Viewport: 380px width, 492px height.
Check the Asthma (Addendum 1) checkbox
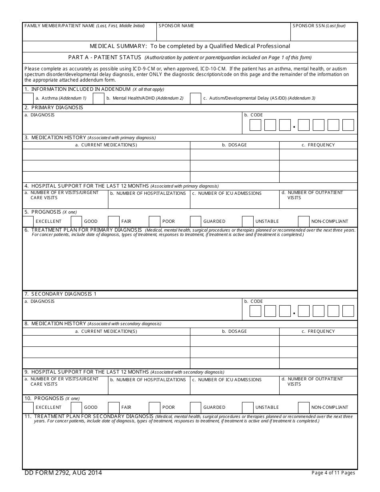click(x=28, y=98)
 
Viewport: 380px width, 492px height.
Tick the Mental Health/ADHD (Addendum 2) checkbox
click(x=98, y=98)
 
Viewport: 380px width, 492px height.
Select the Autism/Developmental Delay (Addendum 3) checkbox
click(x=195, y=98)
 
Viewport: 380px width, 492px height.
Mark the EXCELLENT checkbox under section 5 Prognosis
click(x=28, y=221)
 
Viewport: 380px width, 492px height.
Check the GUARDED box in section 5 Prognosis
click(x=195, y=221)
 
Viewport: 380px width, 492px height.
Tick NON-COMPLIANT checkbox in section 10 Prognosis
click(x=304, y=407)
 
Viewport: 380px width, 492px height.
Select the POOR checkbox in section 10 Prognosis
click(x=154, y=407)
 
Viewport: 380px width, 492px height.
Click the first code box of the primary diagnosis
click(x=255, y=125)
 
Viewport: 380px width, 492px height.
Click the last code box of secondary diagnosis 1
click(x=348, y=311)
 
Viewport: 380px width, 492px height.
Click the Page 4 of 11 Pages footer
click(x=333, y=473)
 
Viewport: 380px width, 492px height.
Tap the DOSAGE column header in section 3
click(x=234, y=145)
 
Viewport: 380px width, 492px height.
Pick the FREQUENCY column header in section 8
click(x=318, y=331)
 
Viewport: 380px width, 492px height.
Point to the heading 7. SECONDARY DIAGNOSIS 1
click(x=60, y=294)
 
